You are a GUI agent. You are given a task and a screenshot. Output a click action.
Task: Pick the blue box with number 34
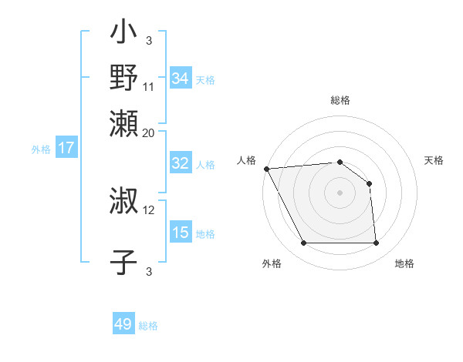coord(181,79)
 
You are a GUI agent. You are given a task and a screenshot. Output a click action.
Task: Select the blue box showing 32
coord(181,163)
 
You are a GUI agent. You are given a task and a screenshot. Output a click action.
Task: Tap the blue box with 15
coord(181,233)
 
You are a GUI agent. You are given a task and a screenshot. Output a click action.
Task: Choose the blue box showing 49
coord(123,324)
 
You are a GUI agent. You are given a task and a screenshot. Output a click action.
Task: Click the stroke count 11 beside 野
coord(149,86)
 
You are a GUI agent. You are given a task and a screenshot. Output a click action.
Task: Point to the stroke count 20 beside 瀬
coord(149,132)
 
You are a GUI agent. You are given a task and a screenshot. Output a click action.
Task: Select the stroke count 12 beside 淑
coord(149,209)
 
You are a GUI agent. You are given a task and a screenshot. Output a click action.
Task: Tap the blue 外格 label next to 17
coord(40,149)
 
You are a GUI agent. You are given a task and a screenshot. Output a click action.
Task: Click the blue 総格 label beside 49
coord(148,326)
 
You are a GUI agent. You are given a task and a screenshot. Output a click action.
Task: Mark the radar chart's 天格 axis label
coord(434,160)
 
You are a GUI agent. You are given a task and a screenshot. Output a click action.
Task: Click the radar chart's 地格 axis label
coord(404,264)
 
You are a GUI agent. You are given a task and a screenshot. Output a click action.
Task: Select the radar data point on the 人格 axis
coord(265,169)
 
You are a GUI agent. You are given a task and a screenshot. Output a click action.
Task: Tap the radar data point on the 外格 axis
coord(303,243)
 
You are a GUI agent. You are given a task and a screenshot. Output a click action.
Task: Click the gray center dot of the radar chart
coord(340,193)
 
